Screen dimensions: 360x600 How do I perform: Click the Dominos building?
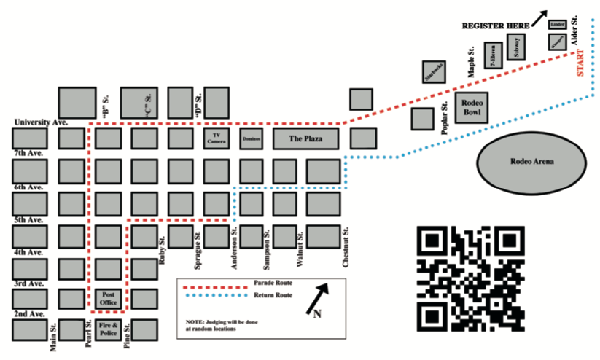click(252, 138)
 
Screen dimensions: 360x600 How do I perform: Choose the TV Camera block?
click(216, 138)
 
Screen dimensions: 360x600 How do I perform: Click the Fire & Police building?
click(108, 330)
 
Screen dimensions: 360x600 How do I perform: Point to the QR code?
click(470, 278)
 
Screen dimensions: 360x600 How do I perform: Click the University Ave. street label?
click(42, 122)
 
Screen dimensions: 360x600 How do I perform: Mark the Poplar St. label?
click(444, 117)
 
